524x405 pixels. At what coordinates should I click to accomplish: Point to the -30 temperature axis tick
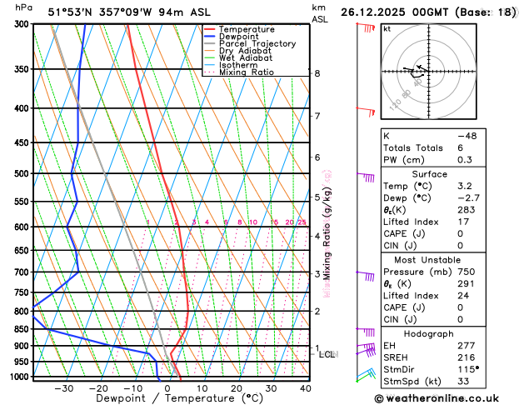pos(64,387)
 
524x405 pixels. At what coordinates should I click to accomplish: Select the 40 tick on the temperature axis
pos(305,387)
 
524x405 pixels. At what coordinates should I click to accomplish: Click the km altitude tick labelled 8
pos(317,73)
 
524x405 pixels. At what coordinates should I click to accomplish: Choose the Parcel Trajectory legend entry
pos(257,43)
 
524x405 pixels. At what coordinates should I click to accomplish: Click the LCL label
pos(328,354)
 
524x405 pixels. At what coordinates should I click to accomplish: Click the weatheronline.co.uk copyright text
pos(448,397)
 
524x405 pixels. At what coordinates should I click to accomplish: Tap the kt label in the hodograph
pos(387,28)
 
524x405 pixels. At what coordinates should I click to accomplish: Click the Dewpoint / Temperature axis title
pos(168,398)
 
